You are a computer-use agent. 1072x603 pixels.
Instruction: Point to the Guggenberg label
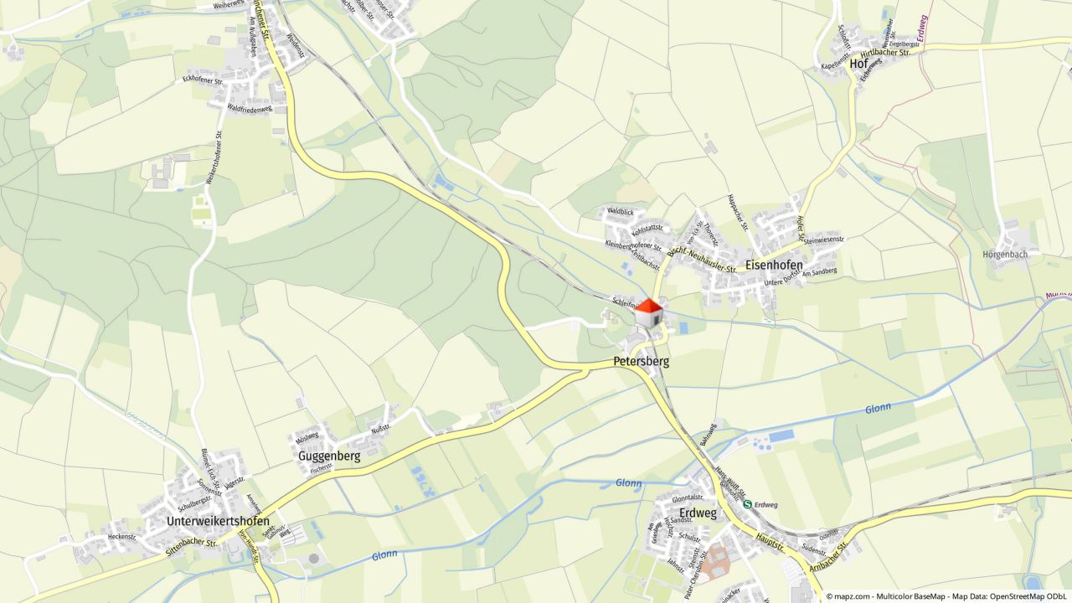pyautogui.click(x=329, y=456)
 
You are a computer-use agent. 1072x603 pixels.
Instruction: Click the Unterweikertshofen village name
pyautogui.click(x=218, y=521)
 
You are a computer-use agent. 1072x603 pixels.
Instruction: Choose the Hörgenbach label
pyautogui.click(x=1004, y=254)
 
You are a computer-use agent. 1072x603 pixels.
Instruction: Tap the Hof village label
pyautogui.click(x=858, y=64)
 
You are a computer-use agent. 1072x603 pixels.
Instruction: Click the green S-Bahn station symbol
pyautogui.click(x=747, y=504)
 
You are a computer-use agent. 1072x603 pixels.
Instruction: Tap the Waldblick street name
pyautogui.click(x=621, y=212)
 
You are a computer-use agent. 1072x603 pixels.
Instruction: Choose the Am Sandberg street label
pyautogui.click(x=818, y=273)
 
